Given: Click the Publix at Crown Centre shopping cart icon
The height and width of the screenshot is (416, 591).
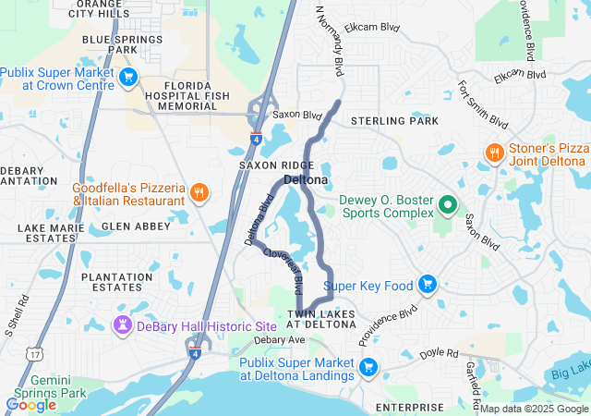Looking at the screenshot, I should (128, 78).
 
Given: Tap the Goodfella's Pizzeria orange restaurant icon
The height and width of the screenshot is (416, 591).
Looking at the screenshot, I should (199, 192).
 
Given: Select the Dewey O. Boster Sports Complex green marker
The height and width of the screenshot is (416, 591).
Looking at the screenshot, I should (448, 204).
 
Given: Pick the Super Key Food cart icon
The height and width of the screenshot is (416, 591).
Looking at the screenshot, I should (427, 285).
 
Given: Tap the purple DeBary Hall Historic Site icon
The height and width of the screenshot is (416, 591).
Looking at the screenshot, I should (122, 325).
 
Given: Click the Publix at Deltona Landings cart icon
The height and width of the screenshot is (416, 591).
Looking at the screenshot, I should (368, 367).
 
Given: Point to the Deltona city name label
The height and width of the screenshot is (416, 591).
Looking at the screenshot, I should (307, 179).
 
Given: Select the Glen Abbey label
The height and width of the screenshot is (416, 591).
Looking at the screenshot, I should (136, 226).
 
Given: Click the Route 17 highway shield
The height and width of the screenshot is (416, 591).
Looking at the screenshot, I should (34, 354).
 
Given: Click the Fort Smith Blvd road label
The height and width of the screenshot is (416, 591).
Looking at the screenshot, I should (482, 104).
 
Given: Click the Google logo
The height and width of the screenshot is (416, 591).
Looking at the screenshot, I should (30, 404).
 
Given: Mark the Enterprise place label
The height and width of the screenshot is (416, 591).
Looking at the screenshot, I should (411, 407).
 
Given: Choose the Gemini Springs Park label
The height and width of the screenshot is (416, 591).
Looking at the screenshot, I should (44, 387).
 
